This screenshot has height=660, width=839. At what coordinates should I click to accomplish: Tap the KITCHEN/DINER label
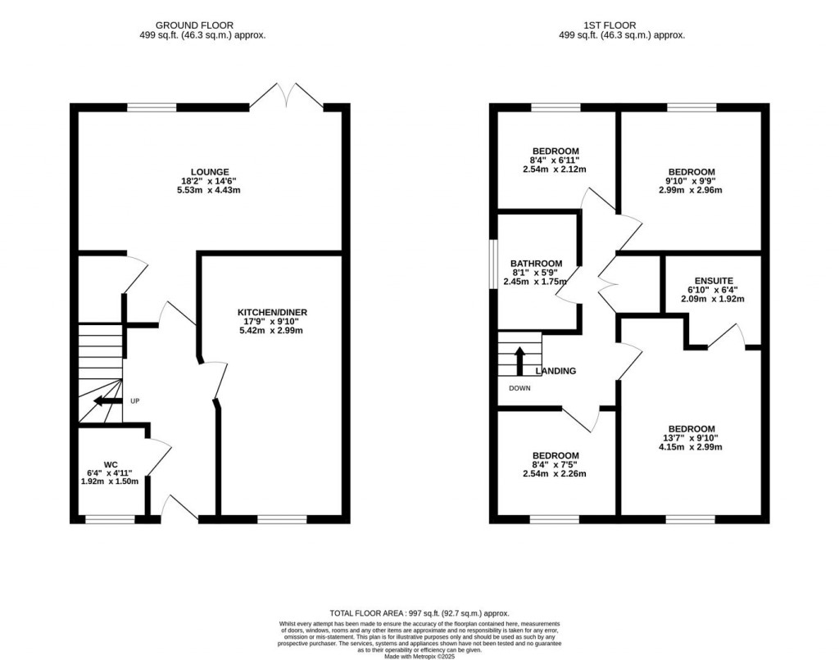click(x=272, y=313)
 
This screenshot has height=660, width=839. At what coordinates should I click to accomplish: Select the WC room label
click(x=111, y=463)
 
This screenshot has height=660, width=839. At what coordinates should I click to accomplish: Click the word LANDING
click(x=556, y=371)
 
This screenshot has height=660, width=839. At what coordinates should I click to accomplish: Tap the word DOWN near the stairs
click(x=519, y=388)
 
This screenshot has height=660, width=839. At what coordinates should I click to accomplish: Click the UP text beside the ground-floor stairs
click(x=134, y=401)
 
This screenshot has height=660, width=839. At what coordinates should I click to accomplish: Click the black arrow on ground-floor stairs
click(x=105, y=401)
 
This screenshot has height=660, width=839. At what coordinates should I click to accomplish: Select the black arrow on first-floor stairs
click(x=519, y=359)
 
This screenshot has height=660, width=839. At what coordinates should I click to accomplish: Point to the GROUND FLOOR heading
click(x=202, y=25)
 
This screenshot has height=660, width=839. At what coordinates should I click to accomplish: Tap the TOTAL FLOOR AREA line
click(x=419, y=613)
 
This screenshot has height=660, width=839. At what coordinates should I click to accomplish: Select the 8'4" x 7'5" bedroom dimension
click(x=556, y=465)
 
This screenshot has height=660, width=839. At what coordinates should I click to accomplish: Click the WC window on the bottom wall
click(x=111, y=518)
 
